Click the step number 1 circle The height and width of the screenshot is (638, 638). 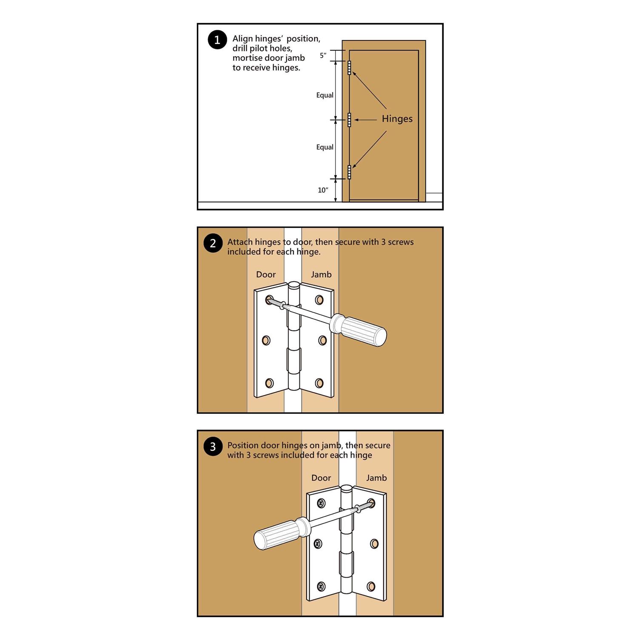(217, 40)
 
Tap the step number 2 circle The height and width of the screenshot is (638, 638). (213, 243)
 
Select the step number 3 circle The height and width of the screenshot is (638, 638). (213, 447)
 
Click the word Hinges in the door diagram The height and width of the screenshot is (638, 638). (397, 119)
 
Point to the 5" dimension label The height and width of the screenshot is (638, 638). (323, 55)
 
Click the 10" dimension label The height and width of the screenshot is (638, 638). (323, 190)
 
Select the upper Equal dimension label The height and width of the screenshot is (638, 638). (325, 95)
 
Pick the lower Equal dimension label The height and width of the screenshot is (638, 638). (325, 147)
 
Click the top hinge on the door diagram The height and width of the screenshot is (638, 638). (349, 68)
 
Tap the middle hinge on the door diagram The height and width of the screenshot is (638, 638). (349, 120)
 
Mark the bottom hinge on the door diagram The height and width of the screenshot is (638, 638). (349, 172)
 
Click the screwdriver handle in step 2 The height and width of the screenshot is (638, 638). (364, 330)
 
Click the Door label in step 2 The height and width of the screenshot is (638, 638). (266, 275)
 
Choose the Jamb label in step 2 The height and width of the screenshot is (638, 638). (321, 275)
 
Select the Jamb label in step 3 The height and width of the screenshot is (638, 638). (376, 478)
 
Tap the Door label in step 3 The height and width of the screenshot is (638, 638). (321, 478)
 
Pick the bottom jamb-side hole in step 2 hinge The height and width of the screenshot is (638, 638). (319, 383)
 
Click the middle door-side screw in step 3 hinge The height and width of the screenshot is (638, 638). (318, 544)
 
